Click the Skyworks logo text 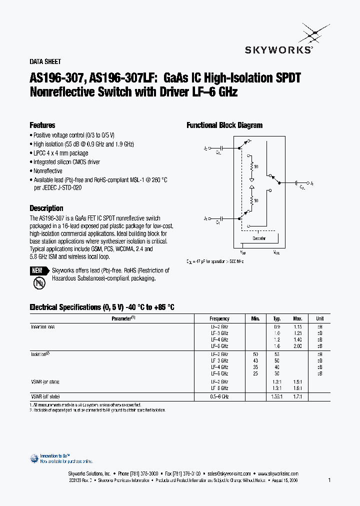(278, 49)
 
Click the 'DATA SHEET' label (45, 62)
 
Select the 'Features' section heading (42, 125)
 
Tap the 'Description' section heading (46, 208)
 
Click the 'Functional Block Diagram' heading (224, 125)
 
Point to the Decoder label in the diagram (258, 238)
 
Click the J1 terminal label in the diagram (312, 184)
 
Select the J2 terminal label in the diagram (205, 148)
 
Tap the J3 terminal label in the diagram (205, 218)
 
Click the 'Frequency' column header (219, 318)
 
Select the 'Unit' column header (319, 318)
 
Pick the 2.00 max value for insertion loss (298, 346)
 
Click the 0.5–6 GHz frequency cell (219, 396)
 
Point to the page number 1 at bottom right (329, 480)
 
